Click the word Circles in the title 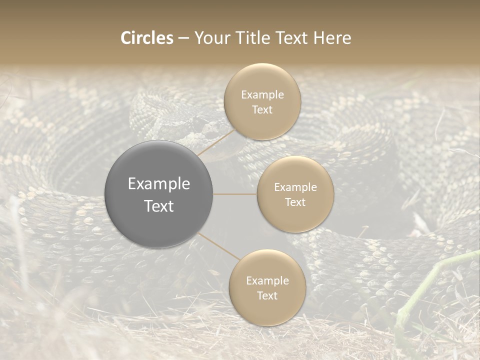pos(147,38)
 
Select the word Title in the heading pos(259,38)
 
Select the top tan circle pos(262,101)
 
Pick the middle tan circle pos(295,194)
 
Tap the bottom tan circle pos(267,287)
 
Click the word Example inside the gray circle pos(159,184)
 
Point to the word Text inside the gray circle pos(159,206)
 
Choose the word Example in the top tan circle pos(262,94)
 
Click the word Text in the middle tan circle pos(295,202)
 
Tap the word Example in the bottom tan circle pos(267,280)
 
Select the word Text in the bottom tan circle pos(267,295)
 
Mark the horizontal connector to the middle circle pos(235,194)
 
